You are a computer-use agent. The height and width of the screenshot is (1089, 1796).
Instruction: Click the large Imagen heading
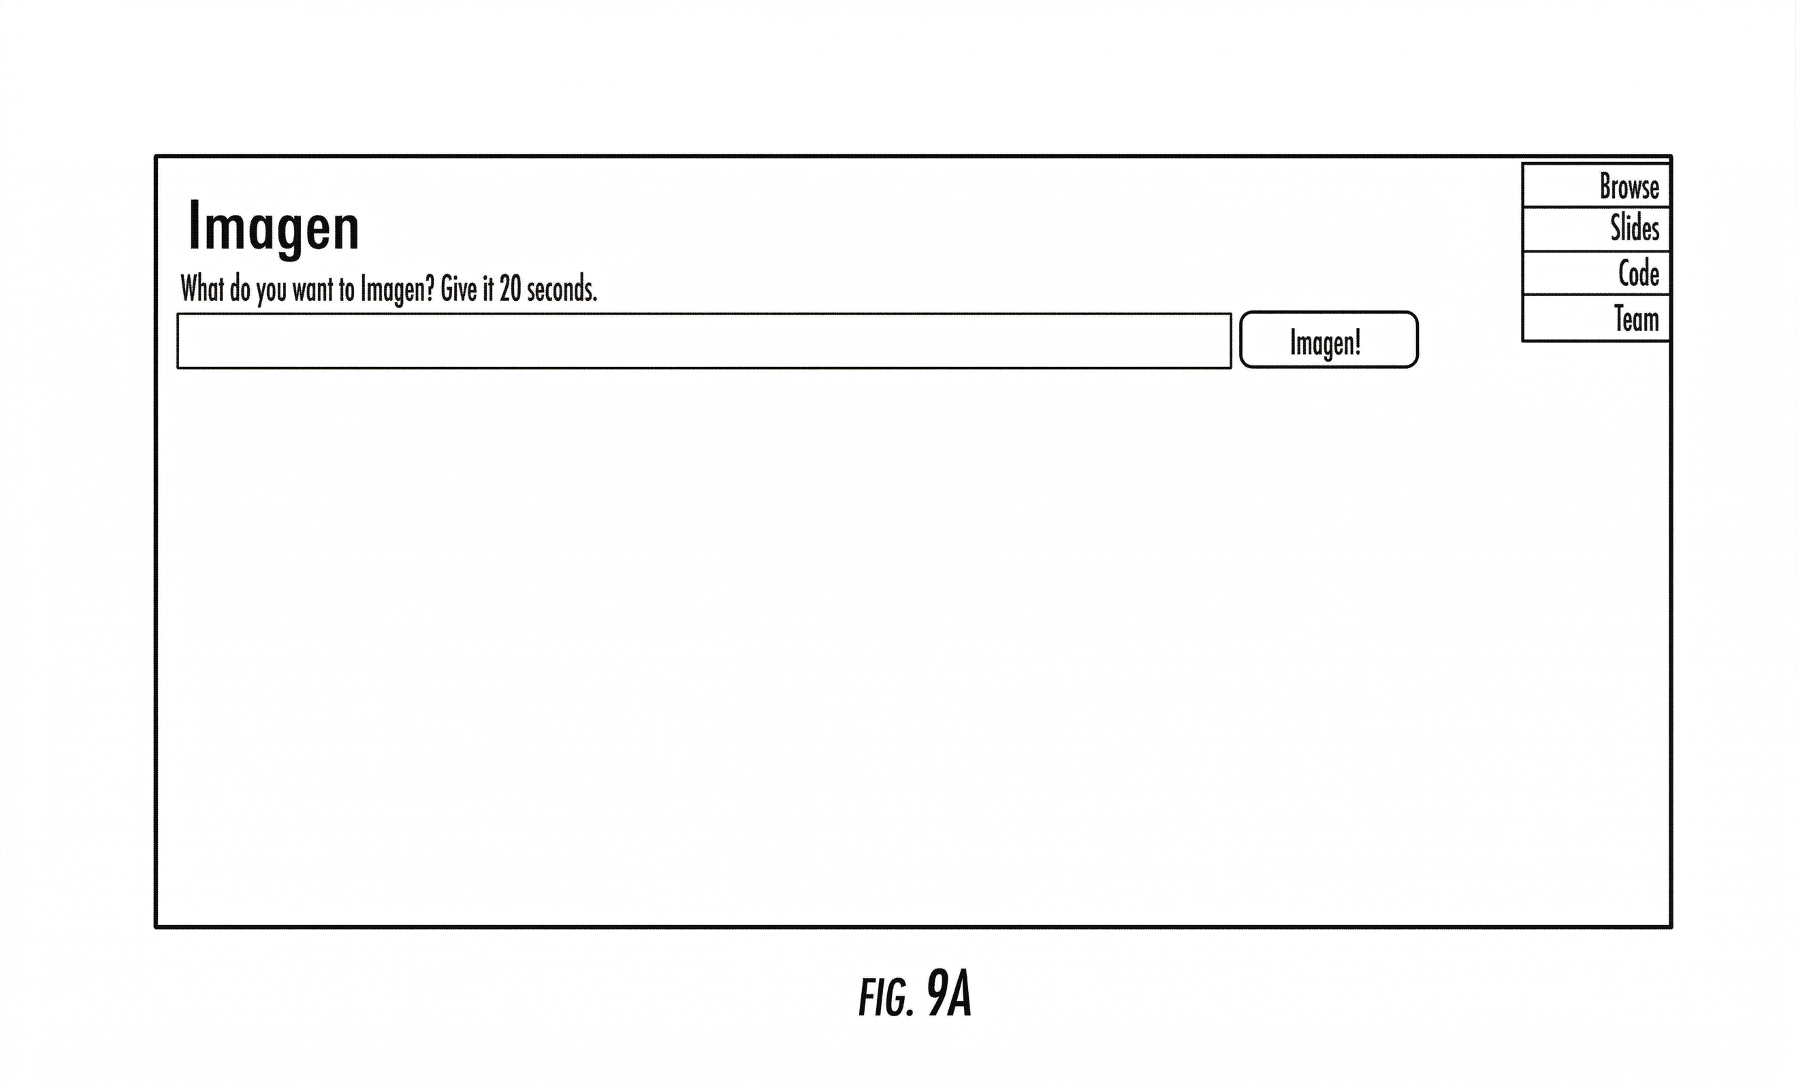273,227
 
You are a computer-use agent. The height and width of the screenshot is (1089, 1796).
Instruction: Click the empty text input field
703,341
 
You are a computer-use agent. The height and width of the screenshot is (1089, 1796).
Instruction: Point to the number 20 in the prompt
509,289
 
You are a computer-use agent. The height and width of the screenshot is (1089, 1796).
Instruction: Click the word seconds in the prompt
561,289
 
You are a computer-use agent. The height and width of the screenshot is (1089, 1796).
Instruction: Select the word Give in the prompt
458,289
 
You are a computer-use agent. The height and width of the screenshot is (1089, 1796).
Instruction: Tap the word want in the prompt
312,290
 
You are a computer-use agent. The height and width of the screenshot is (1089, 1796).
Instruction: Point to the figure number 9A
949,994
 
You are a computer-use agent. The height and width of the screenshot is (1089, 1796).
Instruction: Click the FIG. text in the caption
886,998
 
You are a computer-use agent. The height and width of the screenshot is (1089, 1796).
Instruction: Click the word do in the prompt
240,289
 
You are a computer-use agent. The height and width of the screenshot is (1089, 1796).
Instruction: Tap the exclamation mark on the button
1357,341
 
